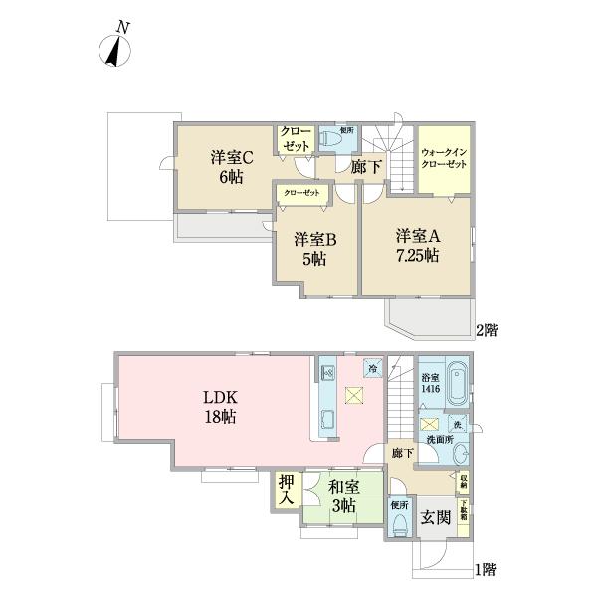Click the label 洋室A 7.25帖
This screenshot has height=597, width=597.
click(x=417, y=245)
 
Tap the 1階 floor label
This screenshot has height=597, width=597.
click(x=484, y=570)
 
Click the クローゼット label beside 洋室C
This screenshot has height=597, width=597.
click(x=295, y=139)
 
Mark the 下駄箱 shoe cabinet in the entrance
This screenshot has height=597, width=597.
click(x=463, y=513)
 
